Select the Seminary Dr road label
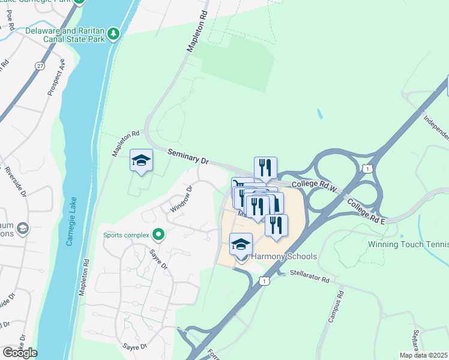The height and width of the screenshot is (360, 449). pyautogui.click(x=188, y=157)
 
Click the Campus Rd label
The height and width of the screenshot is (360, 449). pyautogui.click(x=335, y=307)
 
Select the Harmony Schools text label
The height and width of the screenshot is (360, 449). pyautogui.click(x=283, y=256)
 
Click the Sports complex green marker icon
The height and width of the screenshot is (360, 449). pyautogui.click(x=158, y=235)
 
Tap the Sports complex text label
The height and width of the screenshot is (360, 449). pyautogui.click(x=126, y=235)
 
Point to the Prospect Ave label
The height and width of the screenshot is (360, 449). pyautogui.click(x=56, y=77)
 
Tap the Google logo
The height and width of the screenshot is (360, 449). pyautogui.click(x=20, y=352)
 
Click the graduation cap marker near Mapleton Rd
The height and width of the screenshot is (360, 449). pyautogui.click(x=141, y=161)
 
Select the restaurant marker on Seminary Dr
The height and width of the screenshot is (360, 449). pyautogui.click(x=265, y=168)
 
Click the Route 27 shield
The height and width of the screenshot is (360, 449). pyautogui.click(x=40, y=65)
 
